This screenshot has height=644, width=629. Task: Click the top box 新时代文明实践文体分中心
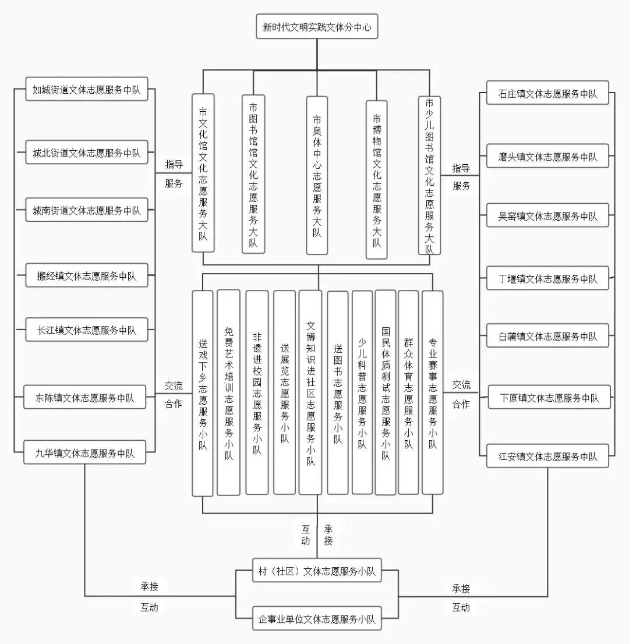[x=317, y=27]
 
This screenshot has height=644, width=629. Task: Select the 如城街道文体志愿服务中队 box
[x=87, y=90]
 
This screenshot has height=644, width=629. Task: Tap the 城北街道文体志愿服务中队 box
[x=87, y=153]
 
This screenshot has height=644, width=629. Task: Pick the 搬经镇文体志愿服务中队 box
[x=87, y=276]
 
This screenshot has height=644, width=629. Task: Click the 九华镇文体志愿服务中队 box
[x=86, y=453]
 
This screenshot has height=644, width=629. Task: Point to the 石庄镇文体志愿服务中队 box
[x=547, y=94]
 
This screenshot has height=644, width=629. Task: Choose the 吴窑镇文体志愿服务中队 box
[x=547, y=216]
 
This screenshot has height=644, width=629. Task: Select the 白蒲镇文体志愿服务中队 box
[x=547, y=337]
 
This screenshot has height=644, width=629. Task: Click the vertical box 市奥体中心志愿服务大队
[x=317, y=175]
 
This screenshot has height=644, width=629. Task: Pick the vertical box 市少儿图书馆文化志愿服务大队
[x=429, y=175]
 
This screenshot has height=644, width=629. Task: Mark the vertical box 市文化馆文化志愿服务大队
[x=203, y=173]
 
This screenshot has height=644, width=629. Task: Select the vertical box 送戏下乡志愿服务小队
[x=203, y=394]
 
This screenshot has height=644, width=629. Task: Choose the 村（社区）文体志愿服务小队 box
[x=317, y=572]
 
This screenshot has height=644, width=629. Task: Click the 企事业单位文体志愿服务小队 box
[x=317, y=619]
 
